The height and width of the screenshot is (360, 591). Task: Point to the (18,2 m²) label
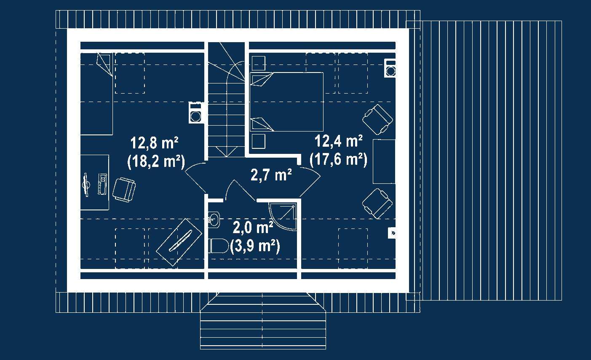[155, 161]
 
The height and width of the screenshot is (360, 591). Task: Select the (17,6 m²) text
[338, 159]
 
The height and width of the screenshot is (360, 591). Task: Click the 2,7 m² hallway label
[271, 175]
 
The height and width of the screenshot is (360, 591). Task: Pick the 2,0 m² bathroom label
[253, 228]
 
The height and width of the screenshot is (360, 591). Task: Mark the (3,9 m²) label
[255, 246]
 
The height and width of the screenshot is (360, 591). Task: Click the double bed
[286, 102]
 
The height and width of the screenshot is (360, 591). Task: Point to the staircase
[227, 101]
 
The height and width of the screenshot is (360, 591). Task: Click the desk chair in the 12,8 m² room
[124, 189]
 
